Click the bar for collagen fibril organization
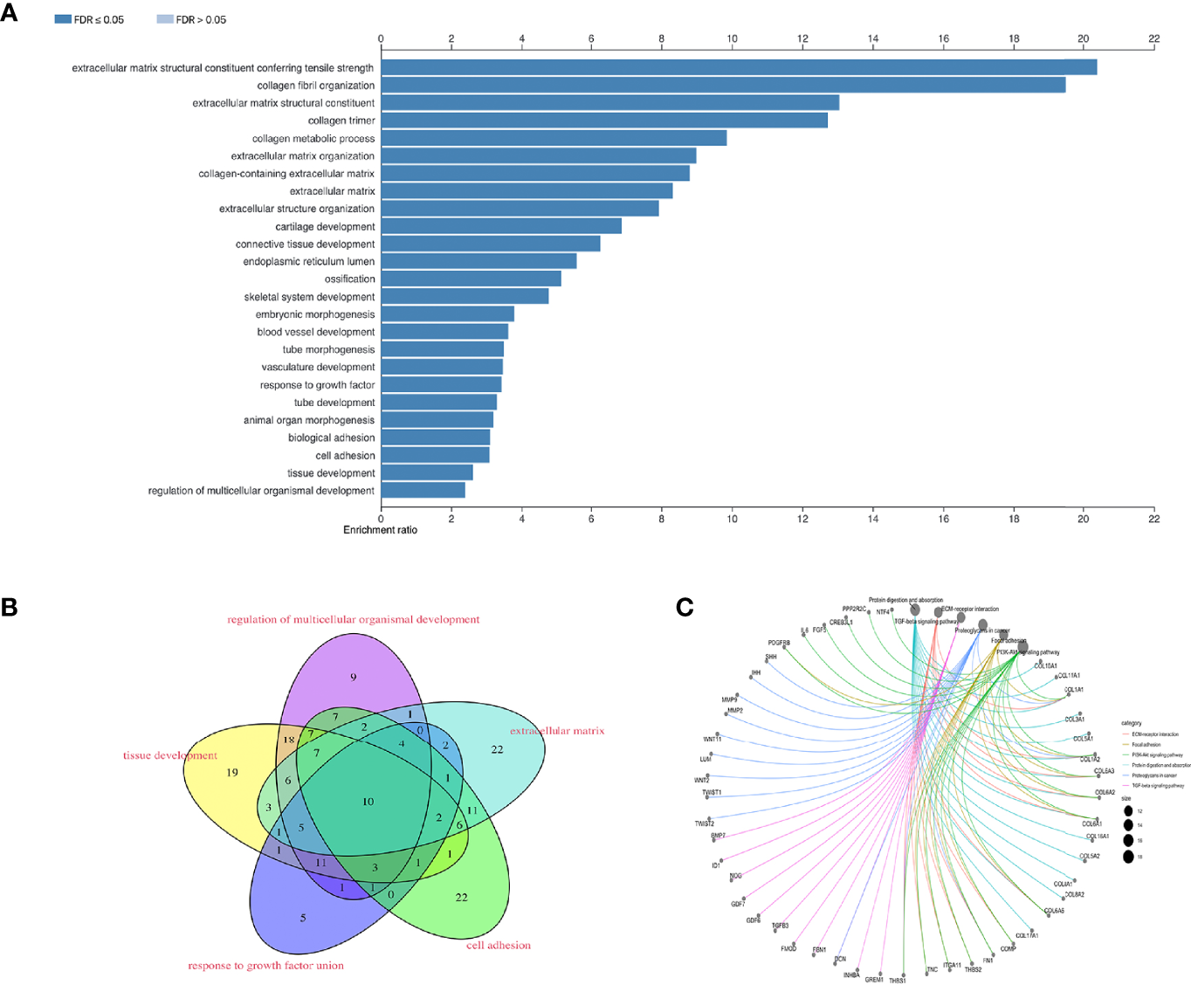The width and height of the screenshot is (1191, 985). pyautogui.click(x=723, y=85)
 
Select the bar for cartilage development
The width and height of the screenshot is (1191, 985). pyautogui.click(x=501, y=226)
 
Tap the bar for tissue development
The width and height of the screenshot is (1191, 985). pyautogui.click(x=427, y=472)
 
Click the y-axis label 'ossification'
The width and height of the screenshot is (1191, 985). pyautogui.click(x=349, y=279)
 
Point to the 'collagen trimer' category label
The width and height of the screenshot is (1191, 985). pyautogui.click(x=341, y=121)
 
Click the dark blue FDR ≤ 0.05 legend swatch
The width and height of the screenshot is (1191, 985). pyautogui.click(x=63, y=19)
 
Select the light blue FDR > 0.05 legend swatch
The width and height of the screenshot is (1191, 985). pyautogui.click(x=165, y=19)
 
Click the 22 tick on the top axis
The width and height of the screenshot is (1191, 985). pyautogui.click(x=1153, y=38)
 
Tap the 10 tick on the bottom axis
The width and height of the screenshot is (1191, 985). pyautogui.click(x=732, y=519)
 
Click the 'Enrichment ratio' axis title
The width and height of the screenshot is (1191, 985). pyautogui.click(x=380, y=530)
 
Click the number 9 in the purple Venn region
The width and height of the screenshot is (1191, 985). pyautogui.click(x=354, y=677)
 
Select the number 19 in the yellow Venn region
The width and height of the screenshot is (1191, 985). pyautogui.click(x=232, y=772)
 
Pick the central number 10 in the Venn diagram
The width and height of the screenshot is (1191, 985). pyautogui.click(x=368, y=802)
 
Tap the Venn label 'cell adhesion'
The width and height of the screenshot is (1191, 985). pyautogui.click(x=498, y=945)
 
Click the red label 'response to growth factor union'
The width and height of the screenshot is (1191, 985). pyautogui.click(x=265, y=966)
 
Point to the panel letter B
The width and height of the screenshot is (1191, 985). pyautogui.click(x=10, y=608)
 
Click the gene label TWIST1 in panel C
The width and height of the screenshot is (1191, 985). pyautogui.click(x=712, y=793)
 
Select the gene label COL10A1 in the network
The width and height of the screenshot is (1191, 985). pyautogui.click(x=1045, y=666)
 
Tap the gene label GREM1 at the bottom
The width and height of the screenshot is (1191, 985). pyautogui.click(x=874, y=980)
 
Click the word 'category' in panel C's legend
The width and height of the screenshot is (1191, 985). pyautogui.click(x=1131, y=723)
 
